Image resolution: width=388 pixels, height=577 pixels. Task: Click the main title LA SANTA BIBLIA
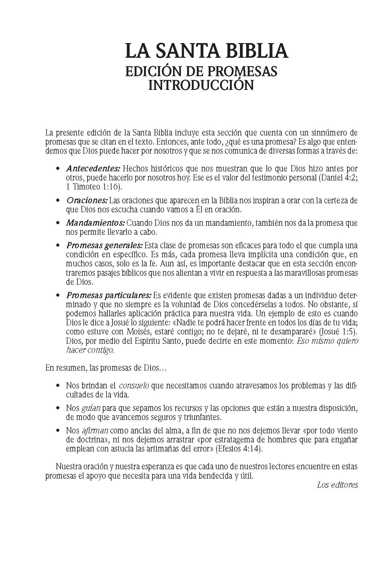click(206, 51)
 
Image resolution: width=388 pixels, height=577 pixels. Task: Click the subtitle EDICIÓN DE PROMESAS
click(201, 71)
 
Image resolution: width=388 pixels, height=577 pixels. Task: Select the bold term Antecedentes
click(93, 169)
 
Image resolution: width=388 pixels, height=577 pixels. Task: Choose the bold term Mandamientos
click(95, 223)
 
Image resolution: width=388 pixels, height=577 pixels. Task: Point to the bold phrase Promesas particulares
click(109, 295)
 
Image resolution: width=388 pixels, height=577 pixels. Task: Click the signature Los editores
click(337, 485)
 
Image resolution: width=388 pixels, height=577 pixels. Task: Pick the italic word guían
click(91, 408)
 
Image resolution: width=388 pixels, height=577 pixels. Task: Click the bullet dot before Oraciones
click(57, 200)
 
